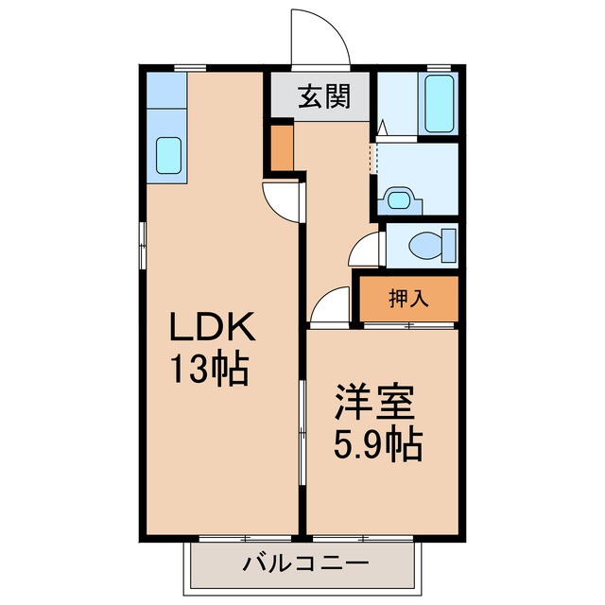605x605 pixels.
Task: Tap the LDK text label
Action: coord(213,330)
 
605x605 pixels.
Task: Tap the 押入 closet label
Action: coord(408,299)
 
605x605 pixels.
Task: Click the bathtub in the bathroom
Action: coord(439,104)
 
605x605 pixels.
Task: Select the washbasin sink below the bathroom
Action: coord(397,199)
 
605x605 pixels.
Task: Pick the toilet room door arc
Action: coord(363,251)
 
